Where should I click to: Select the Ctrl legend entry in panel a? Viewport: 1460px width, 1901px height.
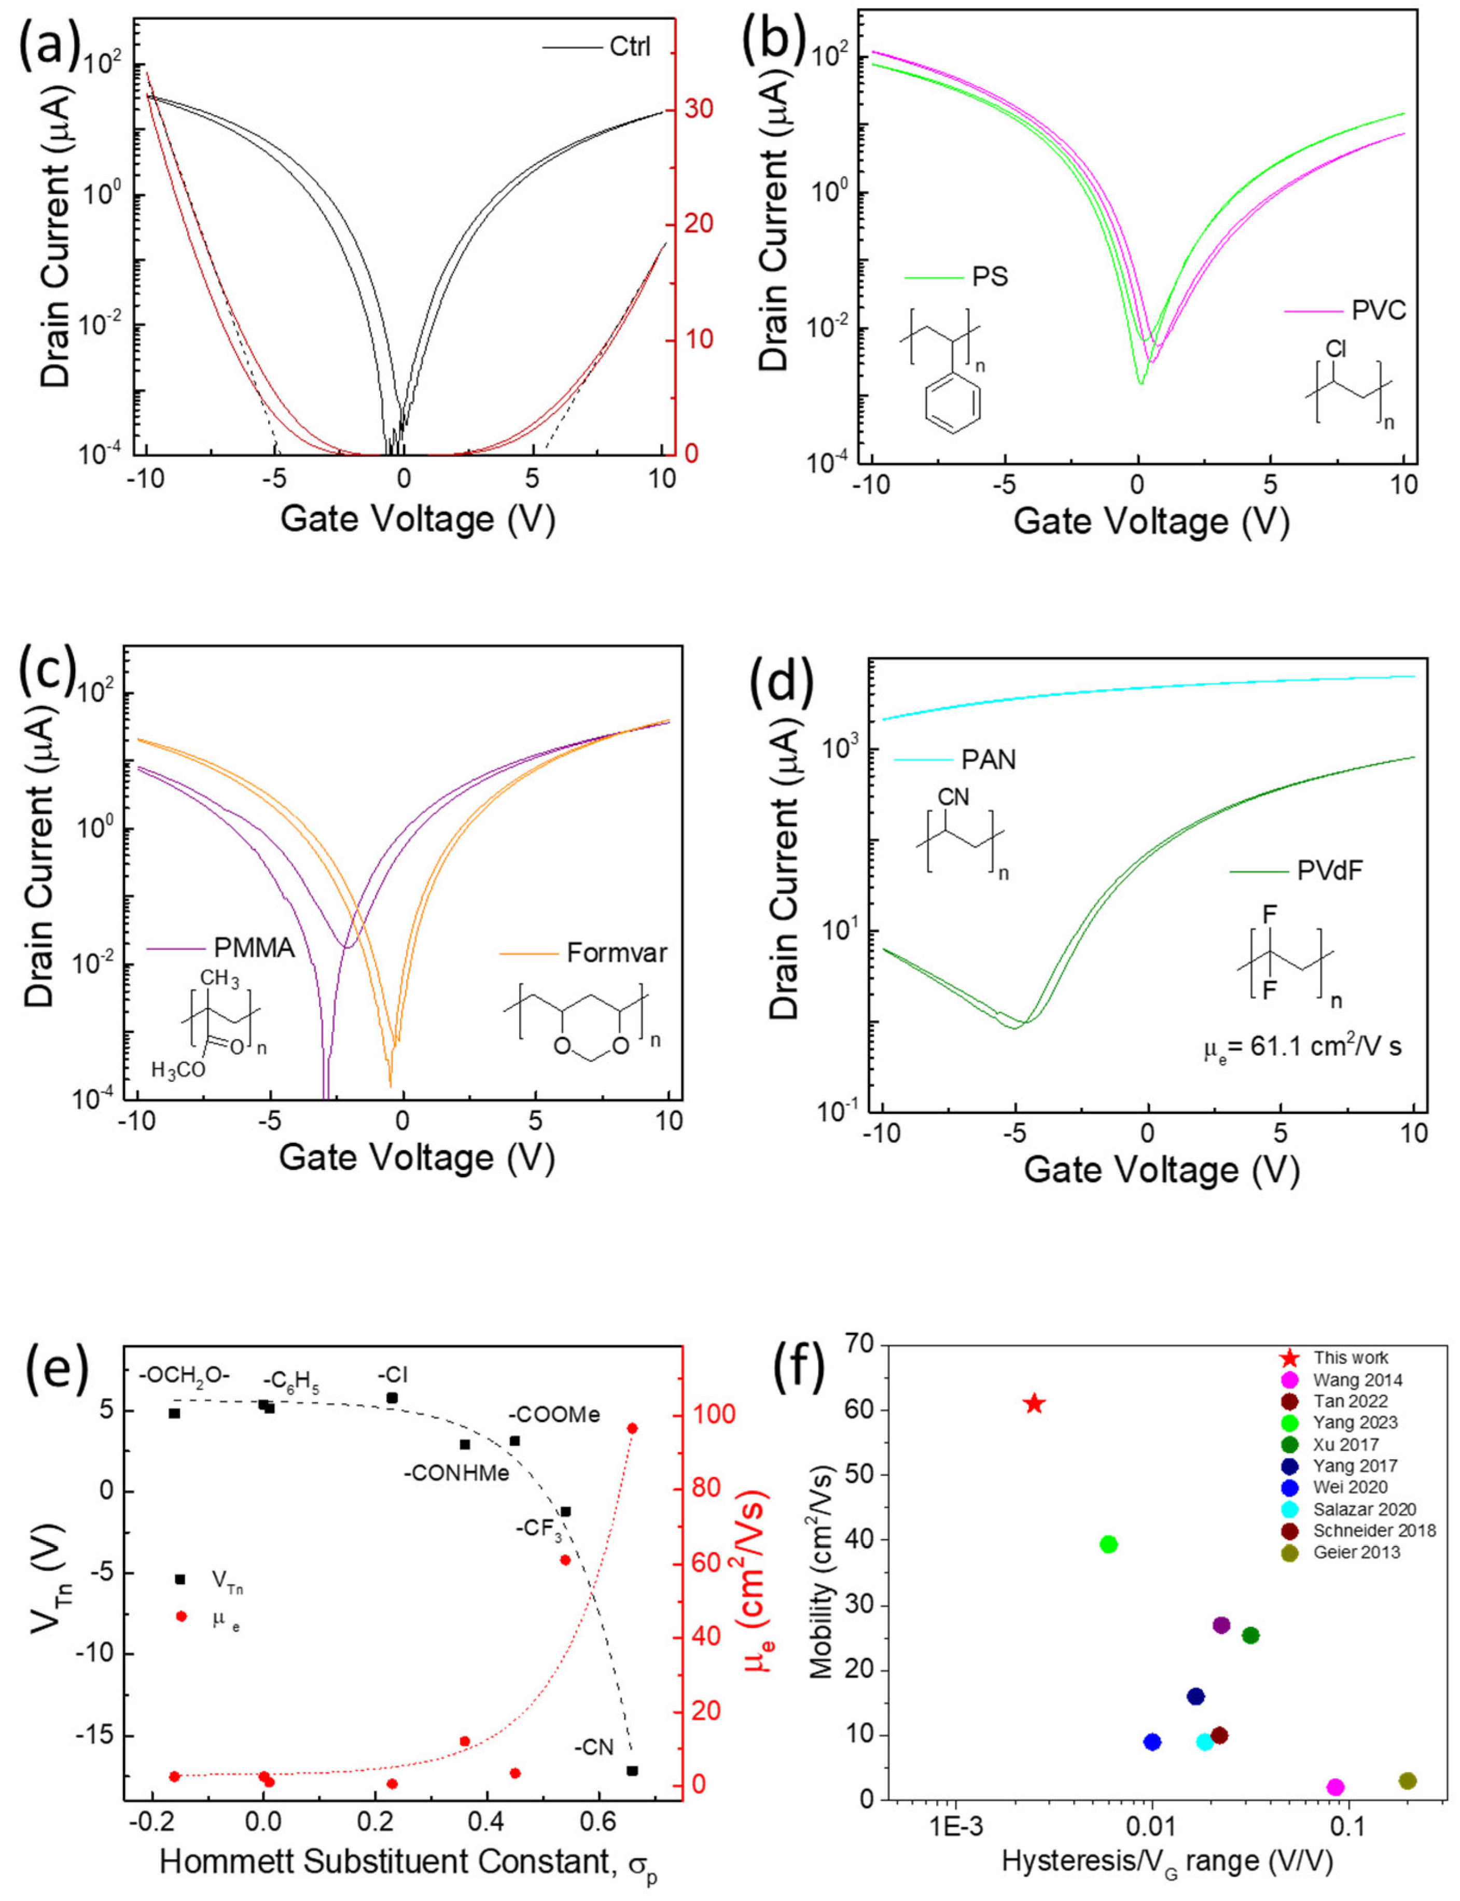[629, 46]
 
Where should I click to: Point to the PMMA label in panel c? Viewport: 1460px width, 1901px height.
[254, 948]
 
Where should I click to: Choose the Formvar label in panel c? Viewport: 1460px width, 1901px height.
[617, 953]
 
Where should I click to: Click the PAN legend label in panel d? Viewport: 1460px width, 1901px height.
[988, 759]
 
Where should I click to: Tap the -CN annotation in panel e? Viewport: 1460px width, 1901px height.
[593, 1723]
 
